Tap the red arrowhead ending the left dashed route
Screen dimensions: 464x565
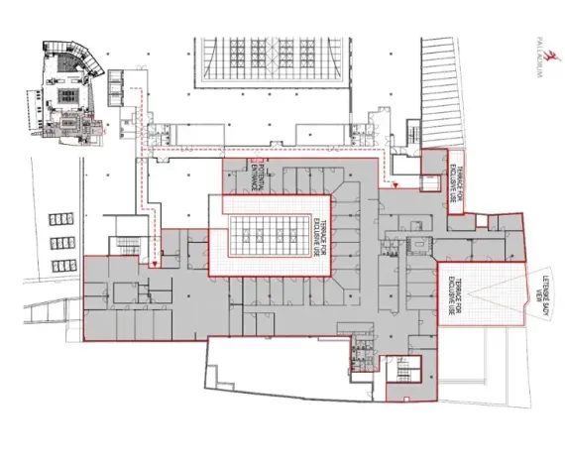click(153, 265)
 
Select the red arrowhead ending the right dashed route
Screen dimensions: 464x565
click(395, 185)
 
